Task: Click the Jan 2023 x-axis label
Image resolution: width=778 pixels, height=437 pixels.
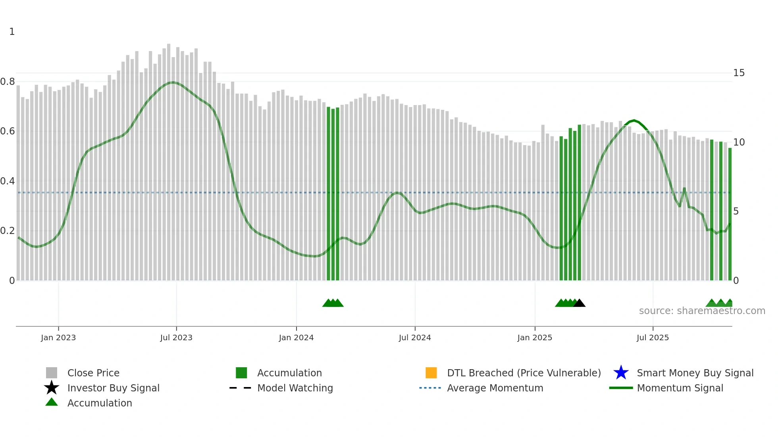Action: pyautogui.click(x=58, y=338)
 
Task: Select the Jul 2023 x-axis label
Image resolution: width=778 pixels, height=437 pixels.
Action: pyautogui.click(x=176, y=338)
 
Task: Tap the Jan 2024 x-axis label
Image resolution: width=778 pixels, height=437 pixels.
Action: pyautogui.click(x=296, y=338)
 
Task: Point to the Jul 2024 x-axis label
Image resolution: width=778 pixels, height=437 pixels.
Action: pyautogui.click(x=415, y=338)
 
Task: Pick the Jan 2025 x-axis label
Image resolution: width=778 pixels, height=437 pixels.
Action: pyautogui.click(x=535, y=338)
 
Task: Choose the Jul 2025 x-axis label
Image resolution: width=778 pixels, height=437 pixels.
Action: pyautogui.click(x=653, y=338)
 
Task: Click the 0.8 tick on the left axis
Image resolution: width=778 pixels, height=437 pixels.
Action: pyautogui.click(x=8, y=82)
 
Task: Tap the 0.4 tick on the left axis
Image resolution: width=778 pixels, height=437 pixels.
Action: pyautogui.click(x=8, y=181)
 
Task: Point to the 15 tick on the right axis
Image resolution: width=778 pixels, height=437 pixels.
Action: pyautogui.click(x=739, y=73)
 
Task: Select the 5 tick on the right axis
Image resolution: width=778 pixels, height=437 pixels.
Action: pyautogui.click(x=736, y=211)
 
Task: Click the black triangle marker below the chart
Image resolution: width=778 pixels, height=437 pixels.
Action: pyautogui.click(x=580, y=303)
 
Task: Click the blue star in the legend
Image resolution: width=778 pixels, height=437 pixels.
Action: pyautogui.click(x=621, y=373)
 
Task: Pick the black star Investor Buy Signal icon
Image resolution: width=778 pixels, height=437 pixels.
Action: pyautogui.click(x=52, y=388)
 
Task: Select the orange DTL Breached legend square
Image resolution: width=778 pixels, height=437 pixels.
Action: pyautogui.click(x=431, y=373)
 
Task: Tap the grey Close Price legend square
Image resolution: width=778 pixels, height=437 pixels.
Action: pyautogui.click(x=52, y=373)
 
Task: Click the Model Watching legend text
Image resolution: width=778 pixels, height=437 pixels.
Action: pyautogui.click(x=295, y=388)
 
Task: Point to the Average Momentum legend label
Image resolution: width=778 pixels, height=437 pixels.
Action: pyautogui.click(x=495, y=388)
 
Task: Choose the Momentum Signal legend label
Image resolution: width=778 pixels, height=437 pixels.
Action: pyautogui.click(x=680, y=388)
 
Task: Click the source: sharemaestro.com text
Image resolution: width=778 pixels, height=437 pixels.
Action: pyautogui.click(x=702, y=311)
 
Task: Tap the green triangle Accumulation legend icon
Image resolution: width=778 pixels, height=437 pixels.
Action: pyautogui.click(x=52, y=402)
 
